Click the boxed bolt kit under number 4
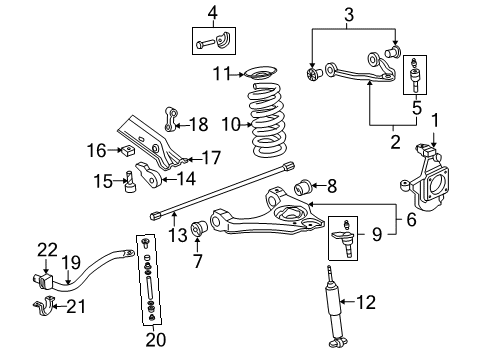[x=211, y=43]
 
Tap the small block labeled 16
[x=126, y=152]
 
